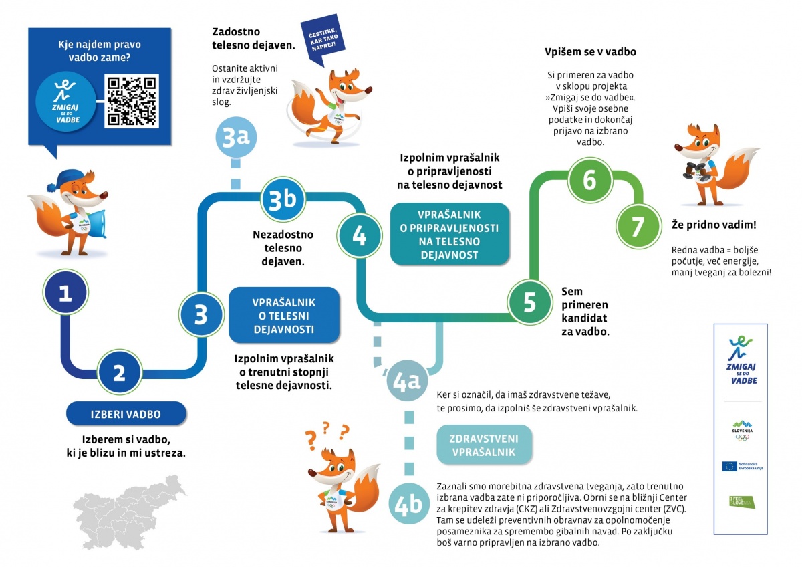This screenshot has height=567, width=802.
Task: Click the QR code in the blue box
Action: pyautogui.click(x=132, y=101)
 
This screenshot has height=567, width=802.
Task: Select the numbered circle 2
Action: pyautogui.click(x=119, y=372)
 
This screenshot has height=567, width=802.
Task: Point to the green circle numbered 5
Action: pyautogui.click(x=529, y=302)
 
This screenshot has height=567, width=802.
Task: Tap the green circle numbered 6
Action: pyautogui.click(x=589, y=181)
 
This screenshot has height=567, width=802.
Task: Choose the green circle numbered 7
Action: pyautogui.click(x=638, y=227)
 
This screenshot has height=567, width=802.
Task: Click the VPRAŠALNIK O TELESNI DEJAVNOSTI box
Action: pyautogui.click(x=283, y=316)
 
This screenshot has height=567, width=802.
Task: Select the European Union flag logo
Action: pyautogui.click(x=729, y=465)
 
